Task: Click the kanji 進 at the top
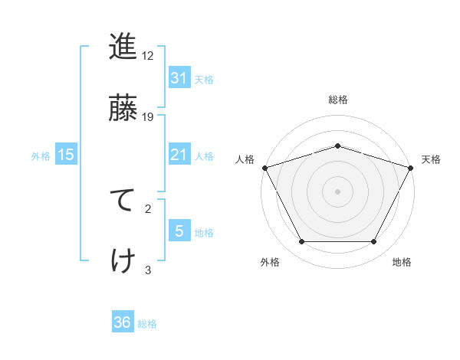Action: pos(123,47)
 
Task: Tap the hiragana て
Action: pos(123,201)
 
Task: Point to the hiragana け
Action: pos(123,260)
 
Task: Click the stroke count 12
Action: pos(148,56)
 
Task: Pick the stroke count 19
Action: pos(148,116)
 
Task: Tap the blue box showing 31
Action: pos(179,77)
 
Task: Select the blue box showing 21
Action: pos(179,155)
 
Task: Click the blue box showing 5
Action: pos(179,231)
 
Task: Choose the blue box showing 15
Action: pos(66,155)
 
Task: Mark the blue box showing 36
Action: pos(123,322)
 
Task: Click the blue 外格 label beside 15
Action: pos(41,155)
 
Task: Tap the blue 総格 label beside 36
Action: pos(147,324)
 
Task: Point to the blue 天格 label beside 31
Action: pos(204,79)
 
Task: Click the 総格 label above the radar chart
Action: pos(337,100)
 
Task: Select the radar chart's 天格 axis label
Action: pos(431,159)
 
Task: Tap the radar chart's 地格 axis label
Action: pos(402,262)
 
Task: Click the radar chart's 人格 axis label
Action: pos(245,159)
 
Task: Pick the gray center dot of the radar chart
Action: pos(337,191)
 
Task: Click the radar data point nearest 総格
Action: pos(337,146)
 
